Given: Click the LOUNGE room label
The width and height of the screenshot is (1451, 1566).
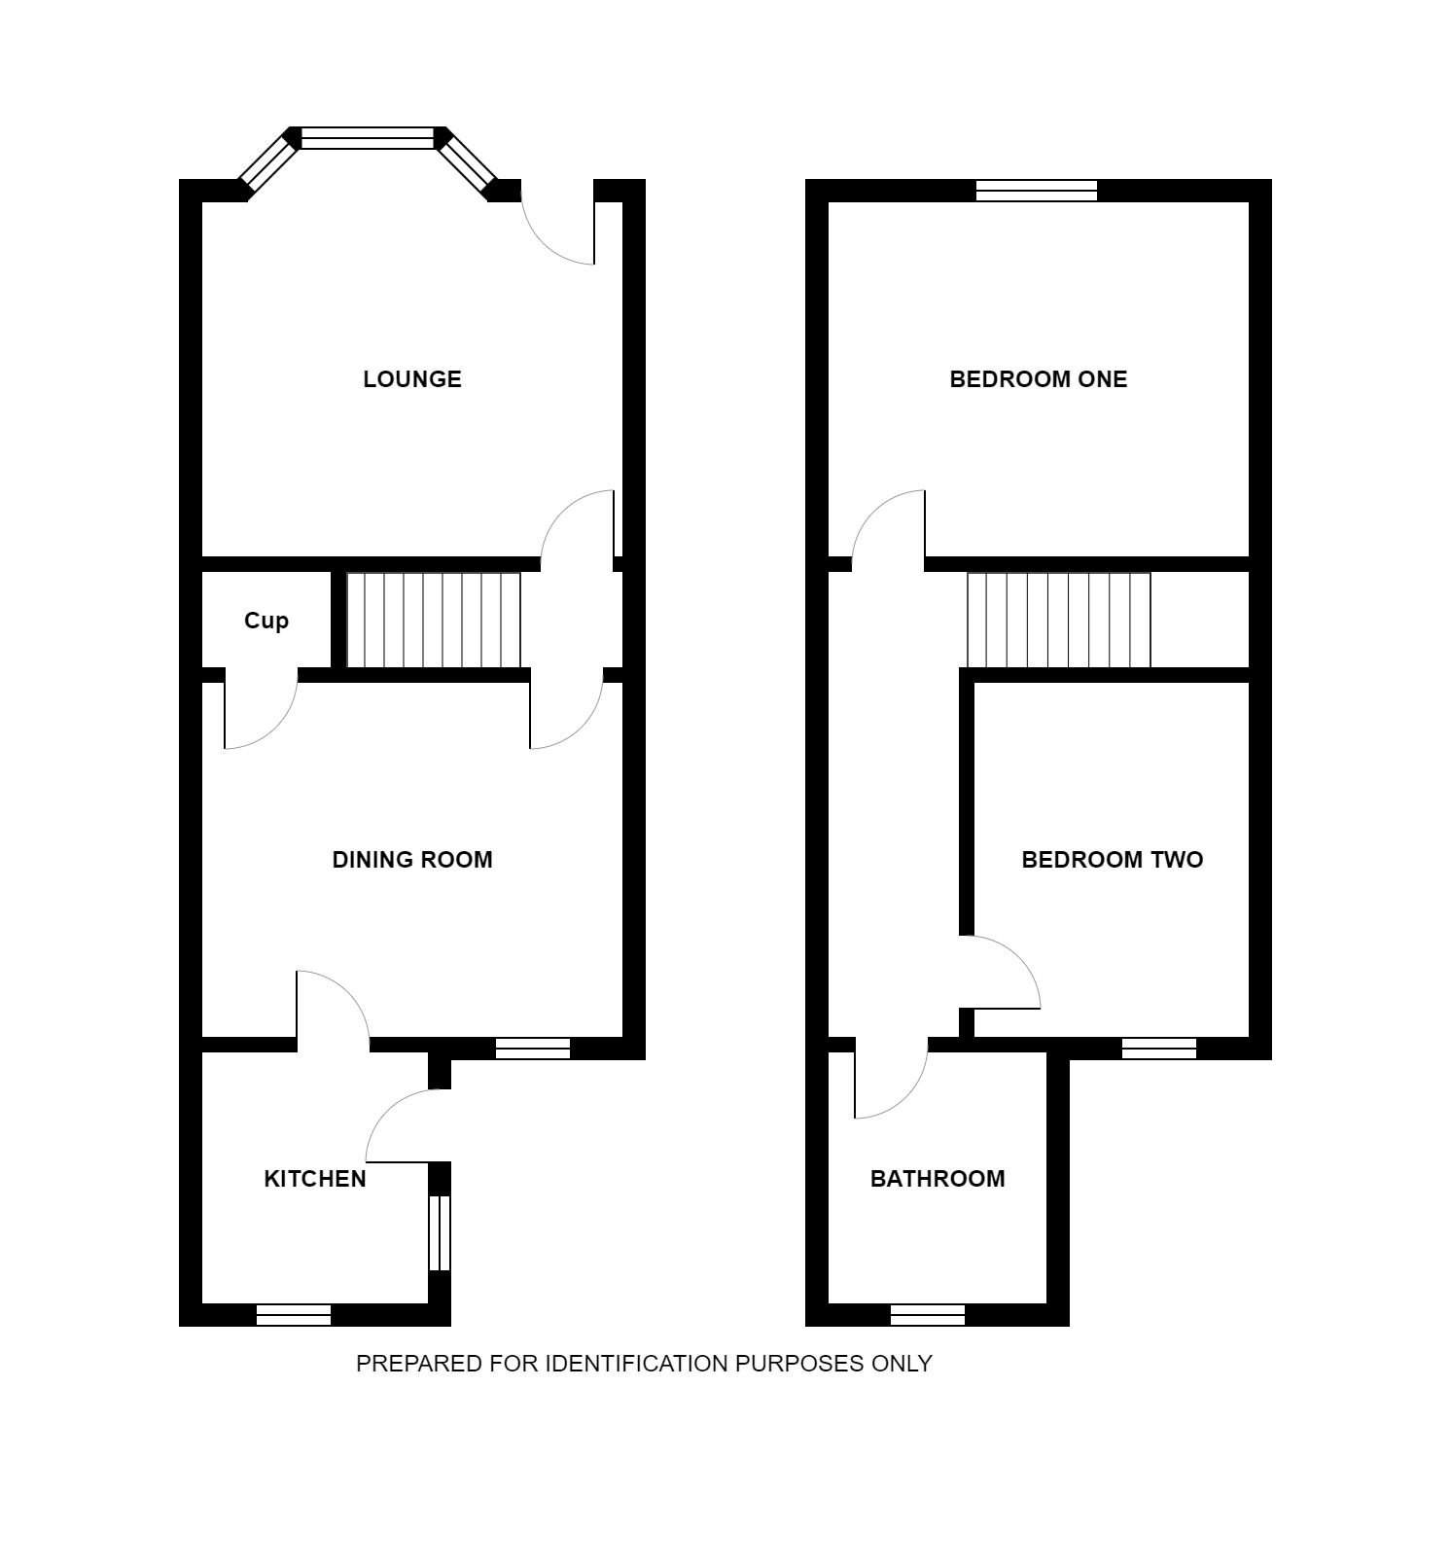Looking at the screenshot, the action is click(x=412, y=379).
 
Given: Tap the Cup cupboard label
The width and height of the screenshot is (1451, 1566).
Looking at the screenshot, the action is click(x=266, y=621).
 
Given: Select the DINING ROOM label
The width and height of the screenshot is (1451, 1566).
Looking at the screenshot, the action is click(x=412, y=860).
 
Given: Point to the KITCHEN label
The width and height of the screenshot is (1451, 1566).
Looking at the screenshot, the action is click(x=315, y=1179).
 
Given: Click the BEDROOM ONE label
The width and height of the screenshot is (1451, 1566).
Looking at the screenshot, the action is click(x=1039, y=379).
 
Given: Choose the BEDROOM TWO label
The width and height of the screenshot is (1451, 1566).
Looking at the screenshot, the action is click(x=1113, y=860).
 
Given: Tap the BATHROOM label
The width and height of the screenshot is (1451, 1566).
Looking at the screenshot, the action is click(x=938, y=1179).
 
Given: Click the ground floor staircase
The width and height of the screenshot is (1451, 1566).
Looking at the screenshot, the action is click(x=434, y=621).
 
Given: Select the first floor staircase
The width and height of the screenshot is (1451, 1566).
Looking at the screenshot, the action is click(x=1059, y=621).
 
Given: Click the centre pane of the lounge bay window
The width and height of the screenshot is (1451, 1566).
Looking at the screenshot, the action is click(x=368, y=138).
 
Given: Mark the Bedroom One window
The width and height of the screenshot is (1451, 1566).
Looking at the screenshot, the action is click(x=1037, y=191).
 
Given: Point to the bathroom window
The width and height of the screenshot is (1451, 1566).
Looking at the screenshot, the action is click(x=928, y=1315).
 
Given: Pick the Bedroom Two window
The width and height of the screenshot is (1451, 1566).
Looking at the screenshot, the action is click(x=1159, y=1049).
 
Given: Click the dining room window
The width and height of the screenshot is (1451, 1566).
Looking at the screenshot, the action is click(x=533, y=1049).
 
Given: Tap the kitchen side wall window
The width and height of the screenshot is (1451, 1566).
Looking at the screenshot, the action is click(x=440, y=1233).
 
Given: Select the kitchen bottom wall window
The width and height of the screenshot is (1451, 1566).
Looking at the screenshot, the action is click(x=294, y=1315).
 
